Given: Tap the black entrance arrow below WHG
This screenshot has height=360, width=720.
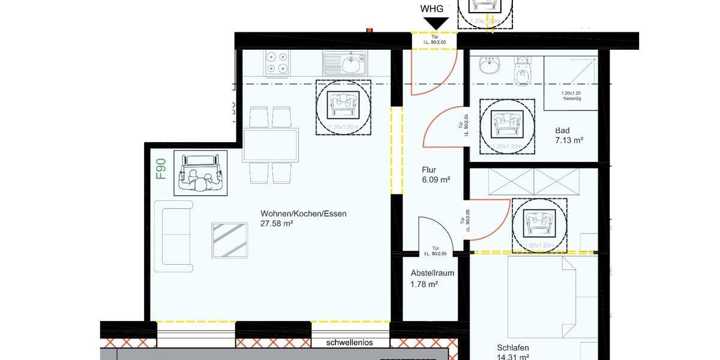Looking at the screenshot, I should click(436, 23).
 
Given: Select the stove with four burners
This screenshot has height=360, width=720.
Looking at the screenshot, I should click(277, 63).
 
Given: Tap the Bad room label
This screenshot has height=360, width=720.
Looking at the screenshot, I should click(562, 130).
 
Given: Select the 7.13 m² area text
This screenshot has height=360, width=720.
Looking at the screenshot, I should click(569, 140).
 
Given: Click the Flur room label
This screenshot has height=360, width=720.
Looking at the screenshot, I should click(428, 169).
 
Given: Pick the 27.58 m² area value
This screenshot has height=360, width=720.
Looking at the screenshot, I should click(277, 223).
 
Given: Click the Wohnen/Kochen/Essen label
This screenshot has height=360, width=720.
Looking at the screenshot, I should click(304, 213).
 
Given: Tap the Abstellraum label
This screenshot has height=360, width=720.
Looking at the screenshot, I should click(432, 273).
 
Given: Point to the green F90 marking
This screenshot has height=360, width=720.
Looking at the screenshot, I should click(161, 169).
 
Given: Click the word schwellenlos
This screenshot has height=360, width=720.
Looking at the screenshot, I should click(349, 343).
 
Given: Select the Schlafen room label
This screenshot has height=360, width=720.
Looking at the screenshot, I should click(513, 347).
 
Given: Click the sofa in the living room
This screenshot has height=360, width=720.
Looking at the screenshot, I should click(173, 236).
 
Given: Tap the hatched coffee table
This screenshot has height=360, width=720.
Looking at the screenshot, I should click(230, 240).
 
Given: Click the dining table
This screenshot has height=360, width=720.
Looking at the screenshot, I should click(271, 145).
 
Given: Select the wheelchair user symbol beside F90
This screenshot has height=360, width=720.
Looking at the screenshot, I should click(200, 173).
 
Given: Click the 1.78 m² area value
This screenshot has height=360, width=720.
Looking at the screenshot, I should click(424, 284).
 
